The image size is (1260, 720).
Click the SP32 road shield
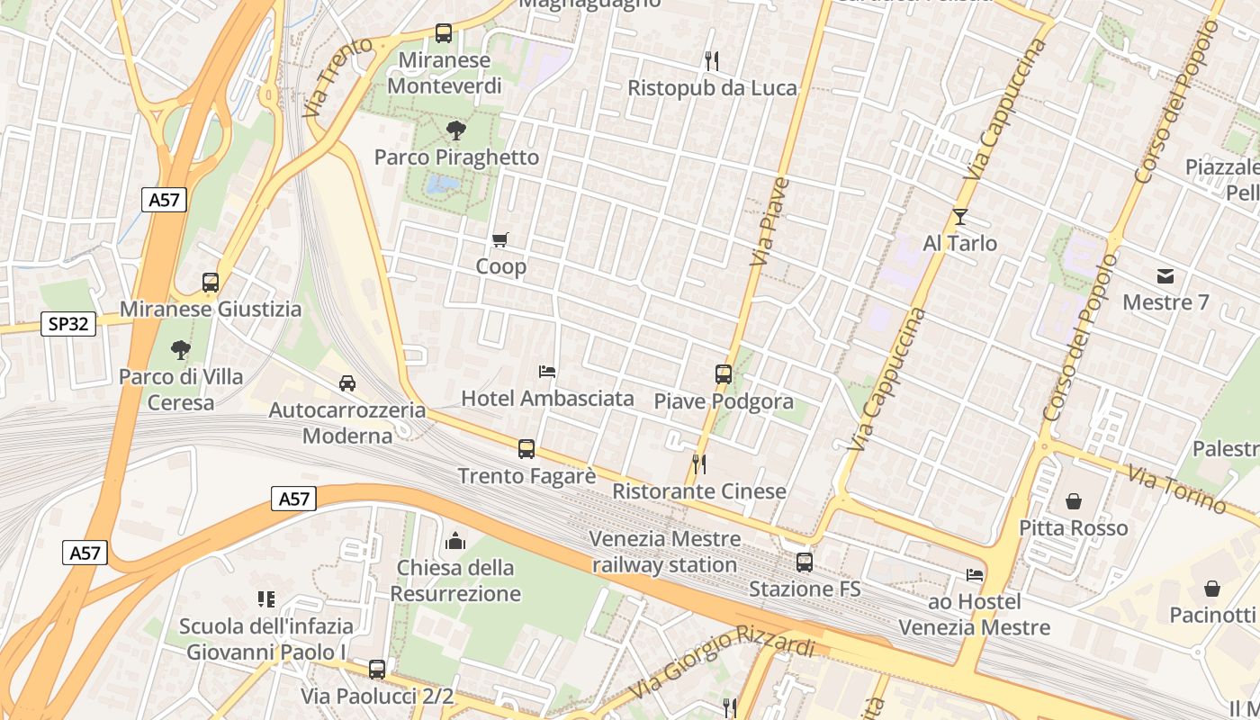point(68,324)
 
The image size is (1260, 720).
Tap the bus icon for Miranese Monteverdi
point(444,33)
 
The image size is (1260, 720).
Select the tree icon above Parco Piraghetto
point(456,130)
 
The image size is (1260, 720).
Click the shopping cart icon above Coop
point(500,239)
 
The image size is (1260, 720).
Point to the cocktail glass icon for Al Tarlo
point(960,216)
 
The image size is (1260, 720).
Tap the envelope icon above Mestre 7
point(1165,275)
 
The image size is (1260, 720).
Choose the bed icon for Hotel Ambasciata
point(546,371)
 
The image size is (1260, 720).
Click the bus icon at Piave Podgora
point(724,373)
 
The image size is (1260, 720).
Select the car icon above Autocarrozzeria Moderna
point(347,383)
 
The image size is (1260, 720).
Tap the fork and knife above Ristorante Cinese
point(698,464)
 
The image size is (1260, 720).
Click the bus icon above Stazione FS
point(805,562)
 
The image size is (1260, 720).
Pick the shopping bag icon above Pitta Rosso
point(1073,500)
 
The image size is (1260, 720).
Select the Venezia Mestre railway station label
point(665,552)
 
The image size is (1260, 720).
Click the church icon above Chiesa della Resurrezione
point(455,541)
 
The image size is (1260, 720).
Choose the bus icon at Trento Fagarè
point(526,448)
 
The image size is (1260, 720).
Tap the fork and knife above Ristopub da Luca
point(712,60)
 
